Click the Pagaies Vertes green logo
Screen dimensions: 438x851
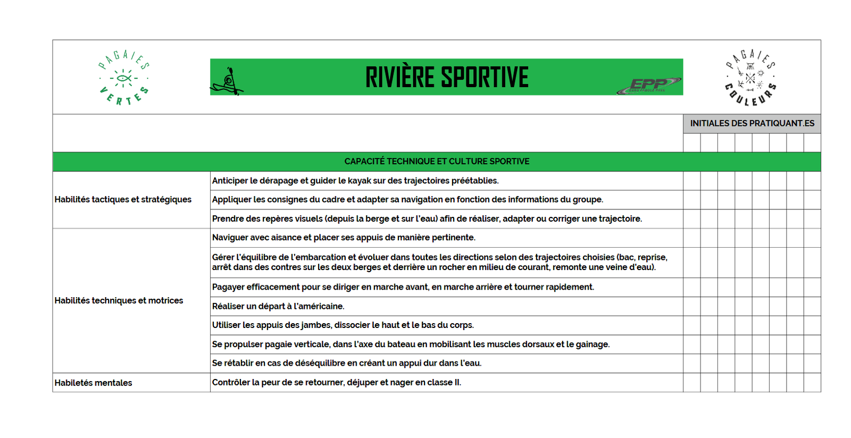tap(123, 78)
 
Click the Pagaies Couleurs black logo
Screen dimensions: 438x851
tap(750, 78)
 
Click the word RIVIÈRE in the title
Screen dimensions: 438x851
tap(399, 77)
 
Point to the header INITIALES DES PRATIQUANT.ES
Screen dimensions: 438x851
tap(752, 123)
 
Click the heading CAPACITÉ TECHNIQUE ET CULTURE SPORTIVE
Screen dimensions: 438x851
tap(437, 162)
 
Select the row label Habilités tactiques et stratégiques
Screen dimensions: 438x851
tap(123, 199)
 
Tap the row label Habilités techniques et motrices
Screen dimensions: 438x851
tap(119, 300)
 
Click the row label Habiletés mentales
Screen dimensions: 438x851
tap(93, 383)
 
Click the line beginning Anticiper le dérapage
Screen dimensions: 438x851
tap(355, 181)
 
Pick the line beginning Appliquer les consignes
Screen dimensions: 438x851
tap(407, 199)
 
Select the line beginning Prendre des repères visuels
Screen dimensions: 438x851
tap(427, 218)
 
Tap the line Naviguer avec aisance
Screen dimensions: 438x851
tap(344, 238)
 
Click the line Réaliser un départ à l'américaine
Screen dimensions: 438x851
tap(278, 306)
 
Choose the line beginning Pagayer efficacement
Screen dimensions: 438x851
tap(403, 287)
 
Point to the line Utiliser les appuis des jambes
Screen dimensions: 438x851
tap(343, 325)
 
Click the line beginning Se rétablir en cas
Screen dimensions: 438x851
tap(346, 363)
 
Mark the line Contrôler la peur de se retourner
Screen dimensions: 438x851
tap(336, 382)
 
